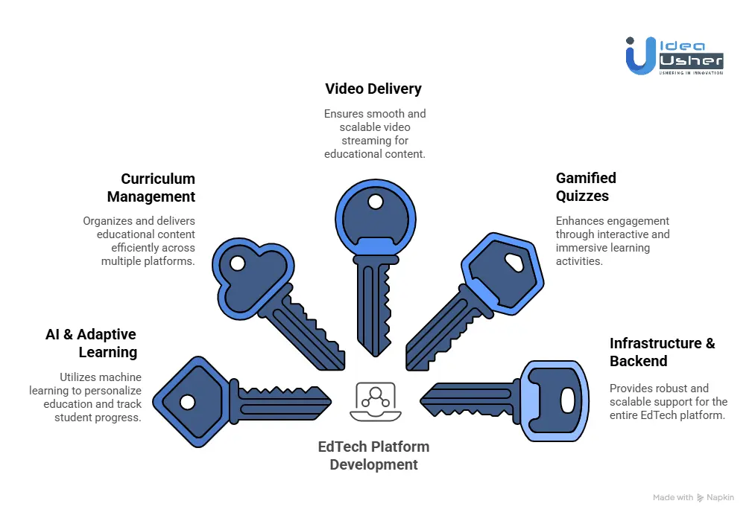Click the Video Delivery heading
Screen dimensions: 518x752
pyautogui.click(x=373, y=89)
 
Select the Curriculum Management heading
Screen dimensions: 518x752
pyautogui.click(x=151, y=188)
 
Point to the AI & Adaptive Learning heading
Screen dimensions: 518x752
pyautogui.click(x=91, y=343)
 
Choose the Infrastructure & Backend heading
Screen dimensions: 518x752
pyautogui.click(x=662, y=352)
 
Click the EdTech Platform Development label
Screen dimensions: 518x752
pyautogui.click(x=373, y=455)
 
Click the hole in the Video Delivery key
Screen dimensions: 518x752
pyautogui.click(x=375, y=202)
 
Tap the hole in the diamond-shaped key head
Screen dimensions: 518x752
pyautogui.click(x=188, y=402)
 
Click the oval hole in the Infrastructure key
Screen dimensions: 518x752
pyautogui.click(x=568, y=400)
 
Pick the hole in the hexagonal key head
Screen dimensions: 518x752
pyautogui.click(x=514, y=262)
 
